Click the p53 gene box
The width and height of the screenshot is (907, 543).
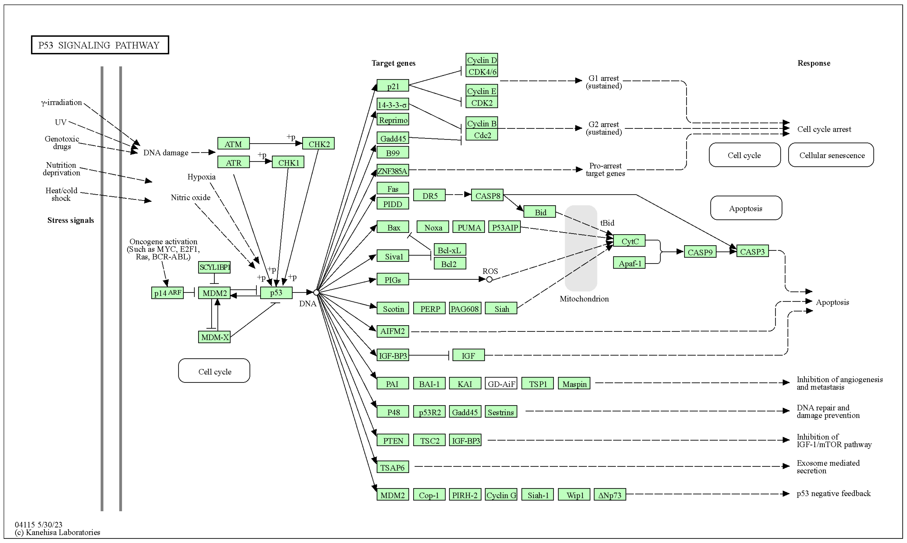(276, 293)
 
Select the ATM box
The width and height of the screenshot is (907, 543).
(233, 144)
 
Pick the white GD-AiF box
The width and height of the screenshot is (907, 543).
(501, 383)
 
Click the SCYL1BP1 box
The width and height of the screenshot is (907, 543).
(214, 267)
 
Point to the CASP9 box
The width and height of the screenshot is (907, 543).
(700, 252)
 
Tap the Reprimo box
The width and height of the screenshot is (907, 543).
(393, 120)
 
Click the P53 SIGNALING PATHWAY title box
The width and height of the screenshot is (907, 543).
(100, 45)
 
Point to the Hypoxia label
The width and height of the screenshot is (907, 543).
(202, 177)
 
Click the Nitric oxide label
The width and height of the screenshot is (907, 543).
(191, 198)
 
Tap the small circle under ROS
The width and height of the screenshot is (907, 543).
(489, 280)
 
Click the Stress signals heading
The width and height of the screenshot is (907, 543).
(71, 220)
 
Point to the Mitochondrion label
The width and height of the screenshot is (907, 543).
(584, 299)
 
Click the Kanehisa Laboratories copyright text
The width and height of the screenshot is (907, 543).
(57, 532)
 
